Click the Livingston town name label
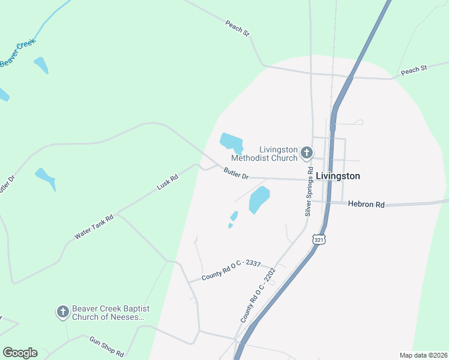coord(338,176)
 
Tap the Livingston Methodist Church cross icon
coord(306,152)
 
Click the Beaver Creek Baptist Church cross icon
coord(62,311)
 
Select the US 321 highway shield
coord(318,239)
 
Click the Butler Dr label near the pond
coord(236,175)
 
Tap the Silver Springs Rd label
coord(309,191)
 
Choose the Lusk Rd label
coord(167,182)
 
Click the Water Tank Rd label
coord(94,228)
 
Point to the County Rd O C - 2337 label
coord(230,270)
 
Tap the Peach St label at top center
coord(237,28)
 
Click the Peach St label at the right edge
coord(414,70)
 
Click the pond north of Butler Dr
coord(230,142)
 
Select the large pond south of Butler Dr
coord(259,199)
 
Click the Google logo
coord(20,353)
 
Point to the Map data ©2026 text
coord(423,355)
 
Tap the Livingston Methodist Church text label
coord(279,154)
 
